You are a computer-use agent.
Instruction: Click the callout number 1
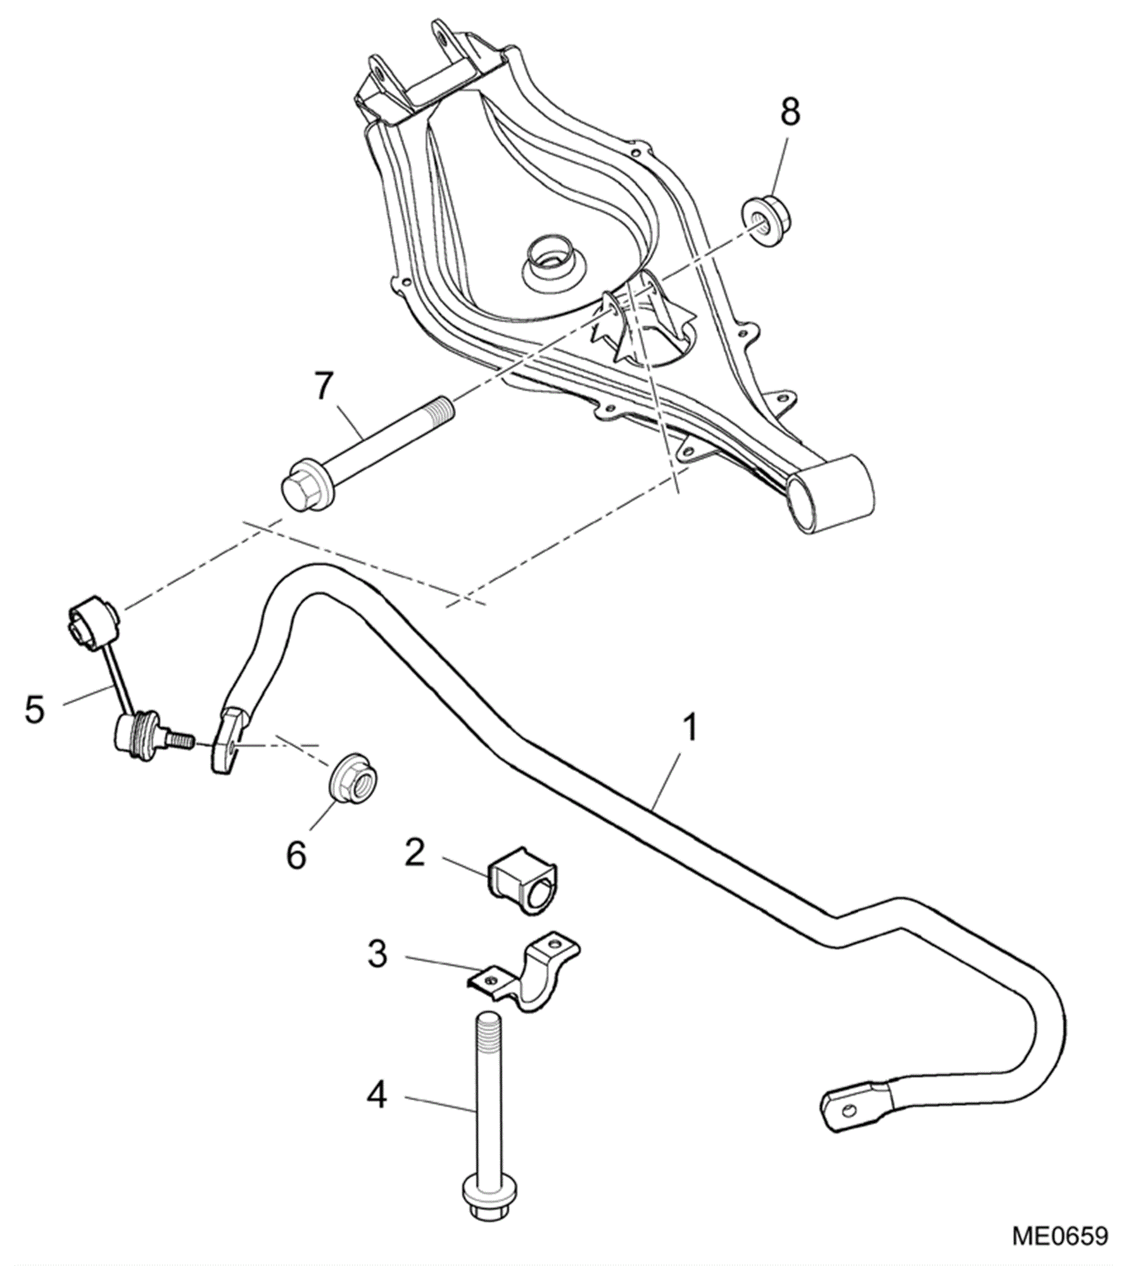tap(690, 728)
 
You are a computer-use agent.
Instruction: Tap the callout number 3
tap(377, 954)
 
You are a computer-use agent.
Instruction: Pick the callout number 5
tap(35, 709)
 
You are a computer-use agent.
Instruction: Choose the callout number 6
tap(296, 855)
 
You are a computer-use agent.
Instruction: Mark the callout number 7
tap(323, 385)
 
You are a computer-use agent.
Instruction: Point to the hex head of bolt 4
tap(486, 1207)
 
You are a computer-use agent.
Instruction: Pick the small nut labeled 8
tap(767, 222)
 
